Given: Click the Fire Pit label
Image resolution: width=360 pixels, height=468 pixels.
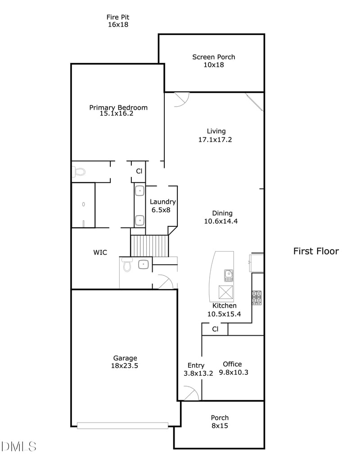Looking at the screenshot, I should point(118,17).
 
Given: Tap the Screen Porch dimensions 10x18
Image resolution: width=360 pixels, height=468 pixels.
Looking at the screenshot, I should point(214,65).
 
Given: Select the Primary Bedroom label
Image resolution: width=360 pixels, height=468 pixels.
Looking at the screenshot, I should point(118,108).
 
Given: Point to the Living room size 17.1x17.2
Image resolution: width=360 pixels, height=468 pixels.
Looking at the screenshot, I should point(216,139).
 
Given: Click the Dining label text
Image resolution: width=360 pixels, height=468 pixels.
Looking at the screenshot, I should point(222,213).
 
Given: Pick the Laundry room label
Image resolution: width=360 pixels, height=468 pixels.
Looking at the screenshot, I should point(162,202).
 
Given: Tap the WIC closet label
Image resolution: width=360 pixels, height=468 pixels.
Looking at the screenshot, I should point(100,252).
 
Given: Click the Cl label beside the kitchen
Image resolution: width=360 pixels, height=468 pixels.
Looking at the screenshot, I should point(215,329).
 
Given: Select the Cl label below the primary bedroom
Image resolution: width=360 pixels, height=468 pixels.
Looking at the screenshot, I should point(139,171).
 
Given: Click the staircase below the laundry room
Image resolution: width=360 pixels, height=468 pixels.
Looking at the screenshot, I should point(149,245).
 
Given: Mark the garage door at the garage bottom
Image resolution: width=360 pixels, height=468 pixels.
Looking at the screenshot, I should point(122,425).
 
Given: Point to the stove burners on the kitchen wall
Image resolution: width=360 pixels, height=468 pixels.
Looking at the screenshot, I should point(256,297).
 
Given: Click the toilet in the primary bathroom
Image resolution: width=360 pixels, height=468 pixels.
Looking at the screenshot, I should point(79,171).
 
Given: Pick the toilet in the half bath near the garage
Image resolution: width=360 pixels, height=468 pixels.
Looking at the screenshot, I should point(127,265).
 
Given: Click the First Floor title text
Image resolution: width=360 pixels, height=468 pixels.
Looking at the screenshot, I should point(316,251).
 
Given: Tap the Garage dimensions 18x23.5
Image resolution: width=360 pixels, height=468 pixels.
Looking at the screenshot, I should point(125,366).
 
